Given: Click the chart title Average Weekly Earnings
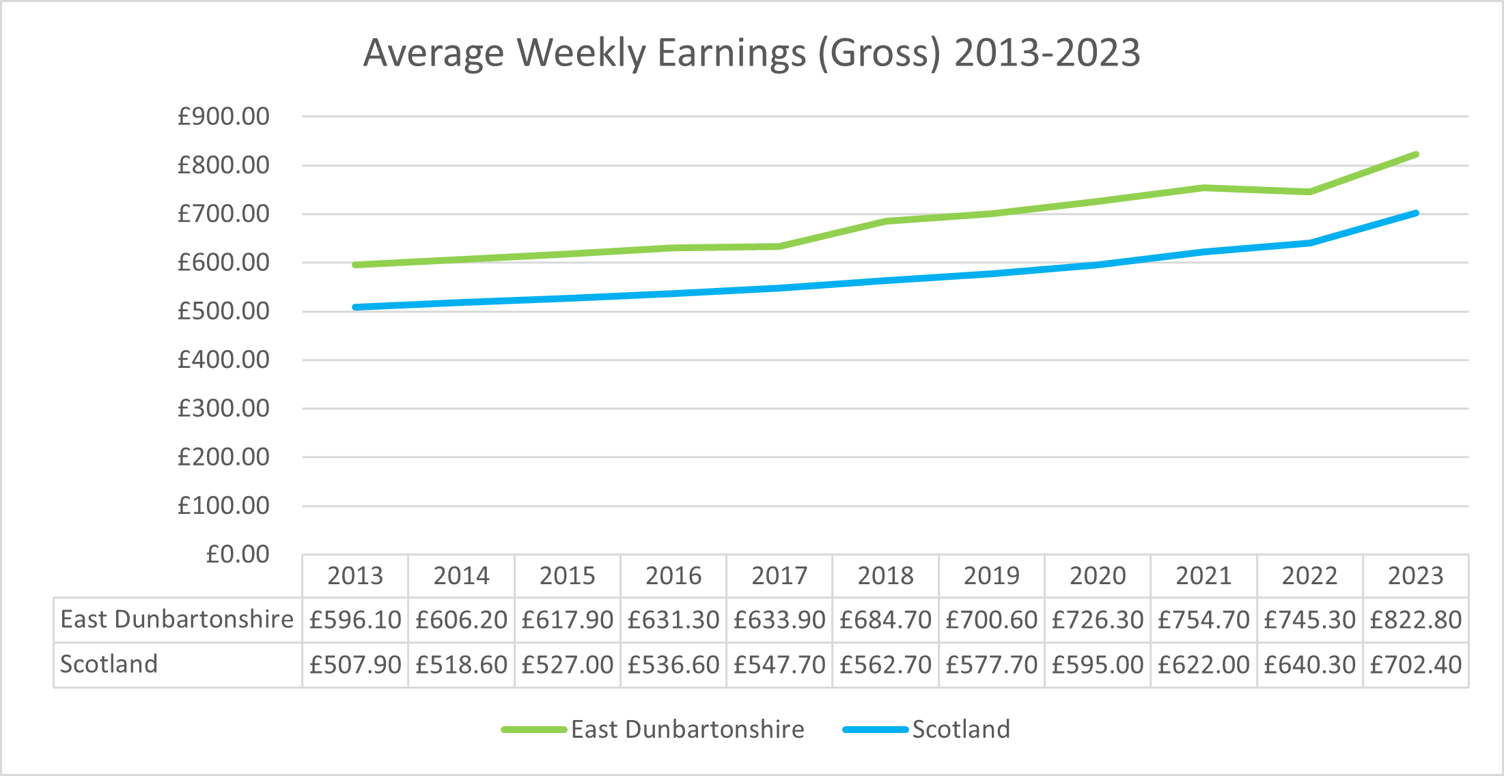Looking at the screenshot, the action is point(751,53).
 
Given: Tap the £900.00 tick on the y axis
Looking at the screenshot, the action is point(223,117).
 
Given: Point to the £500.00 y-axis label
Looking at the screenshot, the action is point(223,311).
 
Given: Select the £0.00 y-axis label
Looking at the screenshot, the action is point(238,554).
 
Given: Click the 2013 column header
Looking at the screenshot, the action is point(355,576).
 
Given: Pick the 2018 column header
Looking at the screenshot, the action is point(885,576).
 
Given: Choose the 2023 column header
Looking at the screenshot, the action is point(1416,576).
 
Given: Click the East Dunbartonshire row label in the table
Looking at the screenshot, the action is point(177,619).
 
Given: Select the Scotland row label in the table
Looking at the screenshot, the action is point(109,664).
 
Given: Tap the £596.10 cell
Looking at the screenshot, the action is point(355,620).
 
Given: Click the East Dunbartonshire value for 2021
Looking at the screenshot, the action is point(1203,620).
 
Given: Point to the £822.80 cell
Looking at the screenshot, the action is point(1416,620).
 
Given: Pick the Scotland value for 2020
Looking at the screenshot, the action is point(1098,665).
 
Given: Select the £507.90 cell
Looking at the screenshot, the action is point(355,665).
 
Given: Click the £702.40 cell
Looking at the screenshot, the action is point(1416,665).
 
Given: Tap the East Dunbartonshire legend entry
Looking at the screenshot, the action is point(652,730).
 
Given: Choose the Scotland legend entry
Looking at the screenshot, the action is point(926,730).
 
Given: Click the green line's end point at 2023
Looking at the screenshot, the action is point(1416,154).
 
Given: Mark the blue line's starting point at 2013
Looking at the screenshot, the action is point(355,308).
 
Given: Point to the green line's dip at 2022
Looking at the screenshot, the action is point(1309,192).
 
